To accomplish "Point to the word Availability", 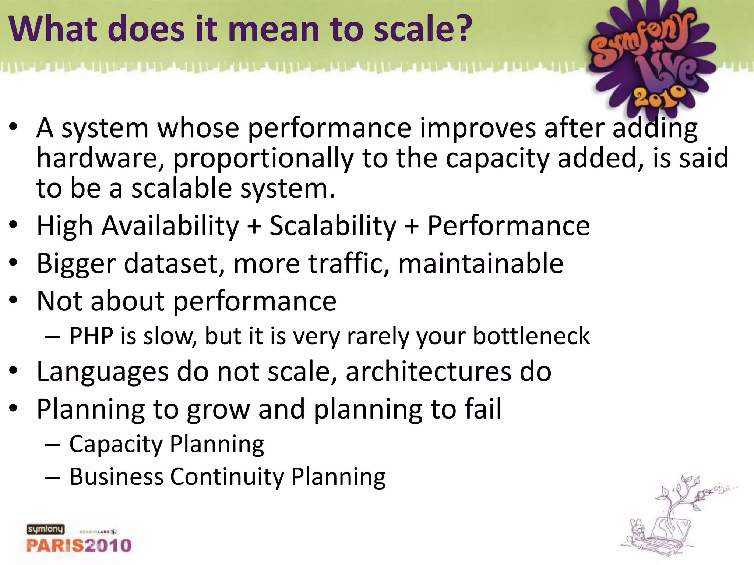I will click(x=170, y=226).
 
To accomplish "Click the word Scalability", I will click(x=333, y=226).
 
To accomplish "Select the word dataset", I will click(x=174, y=264).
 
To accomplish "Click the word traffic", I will click(x=349, y=264).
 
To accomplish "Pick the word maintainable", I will click(x=480, y=264).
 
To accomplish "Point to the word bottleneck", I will click(x=531, y=336).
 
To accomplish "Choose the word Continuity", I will click(x=227, y=477).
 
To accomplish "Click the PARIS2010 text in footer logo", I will click(x=79, y=546).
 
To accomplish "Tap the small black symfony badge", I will click(x=45, y=529).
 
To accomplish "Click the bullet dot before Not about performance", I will click(x=14, y=300).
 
